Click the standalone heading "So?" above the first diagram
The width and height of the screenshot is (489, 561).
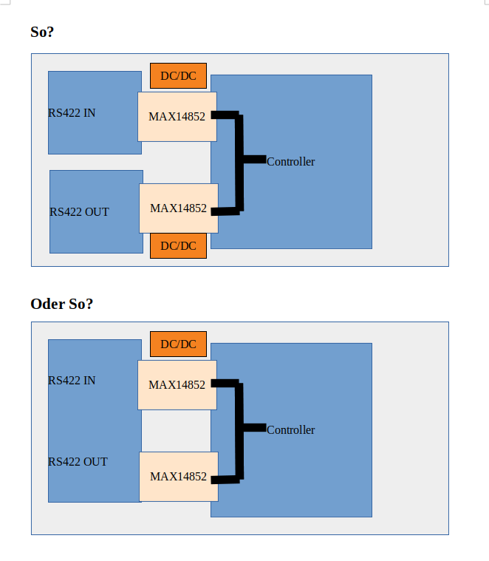42,32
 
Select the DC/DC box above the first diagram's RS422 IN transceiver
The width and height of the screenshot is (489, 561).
178,75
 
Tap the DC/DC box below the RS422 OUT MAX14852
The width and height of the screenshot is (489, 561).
178,245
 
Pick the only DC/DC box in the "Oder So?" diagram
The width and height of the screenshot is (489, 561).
178,344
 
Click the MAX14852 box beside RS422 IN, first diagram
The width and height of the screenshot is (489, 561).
177,116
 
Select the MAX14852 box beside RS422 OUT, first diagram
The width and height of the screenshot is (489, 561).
178,208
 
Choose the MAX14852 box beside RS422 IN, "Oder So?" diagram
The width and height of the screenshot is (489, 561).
177,384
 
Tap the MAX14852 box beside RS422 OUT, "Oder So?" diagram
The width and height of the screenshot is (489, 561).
178,477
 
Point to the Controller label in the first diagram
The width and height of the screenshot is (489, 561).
290,161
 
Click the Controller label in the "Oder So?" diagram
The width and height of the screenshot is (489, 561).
290,429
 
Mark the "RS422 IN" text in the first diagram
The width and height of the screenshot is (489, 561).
72,113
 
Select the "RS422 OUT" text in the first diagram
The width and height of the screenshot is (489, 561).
79,212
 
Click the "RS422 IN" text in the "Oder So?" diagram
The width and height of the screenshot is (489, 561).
72,381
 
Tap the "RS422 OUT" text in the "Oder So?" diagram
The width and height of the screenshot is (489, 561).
78,462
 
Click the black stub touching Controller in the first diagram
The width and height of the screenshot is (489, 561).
253,159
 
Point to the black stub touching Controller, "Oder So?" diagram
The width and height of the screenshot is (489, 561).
253,427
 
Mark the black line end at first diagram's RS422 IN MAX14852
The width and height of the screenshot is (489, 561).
216,115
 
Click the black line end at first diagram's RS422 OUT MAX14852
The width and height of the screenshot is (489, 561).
216,211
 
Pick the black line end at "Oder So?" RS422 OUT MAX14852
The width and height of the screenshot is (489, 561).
216,480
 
